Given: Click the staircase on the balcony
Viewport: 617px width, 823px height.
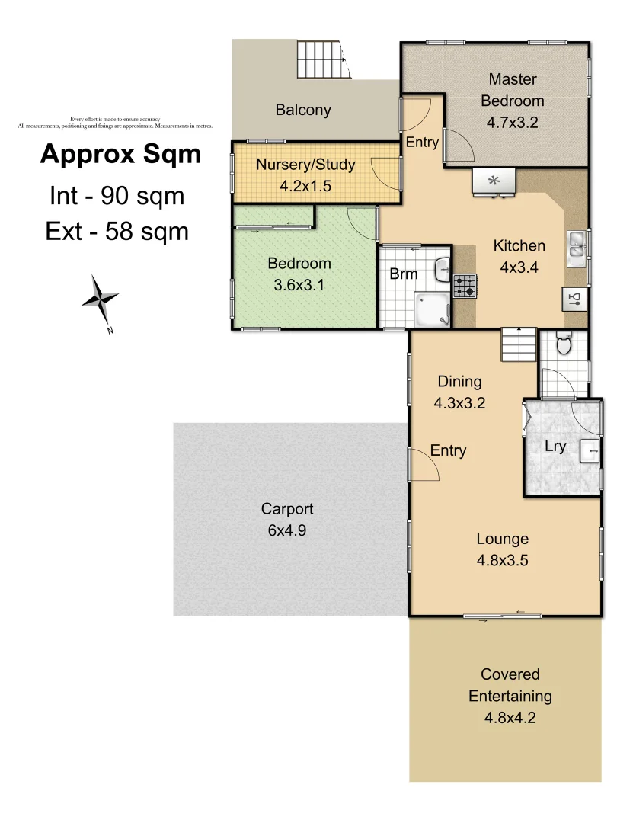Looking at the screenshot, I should click(x=323, y=59).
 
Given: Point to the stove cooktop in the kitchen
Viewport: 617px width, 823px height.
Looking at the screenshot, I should click(x=465, y=286).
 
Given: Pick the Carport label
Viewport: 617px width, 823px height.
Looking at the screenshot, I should click(x=287, y=509).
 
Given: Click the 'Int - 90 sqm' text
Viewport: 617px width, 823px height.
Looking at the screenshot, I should click(x=117, y=197).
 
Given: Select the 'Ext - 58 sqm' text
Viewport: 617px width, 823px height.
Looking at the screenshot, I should click(x=117, y=231).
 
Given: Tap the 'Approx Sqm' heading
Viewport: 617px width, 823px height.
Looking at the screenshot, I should click(x=120, y=154).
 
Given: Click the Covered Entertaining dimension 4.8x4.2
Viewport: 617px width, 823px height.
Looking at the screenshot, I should click(x=510, y=717).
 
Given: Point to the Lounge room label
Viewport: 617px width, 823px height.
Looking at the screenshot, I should click(x=503, y=539).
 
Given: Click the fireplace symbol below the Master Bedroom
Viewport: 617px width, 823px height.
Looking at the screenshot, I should click(x=493, y=181).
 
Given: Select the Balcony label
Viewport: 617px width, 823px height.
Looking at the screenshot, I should click(x=303, y=110).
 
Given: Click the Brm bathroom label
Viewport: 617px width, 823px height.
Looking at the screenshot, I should click(x=403, y=274).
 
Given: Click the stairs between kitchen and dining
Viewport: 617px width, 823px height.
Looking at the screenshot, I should click(x=519, y=345).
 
